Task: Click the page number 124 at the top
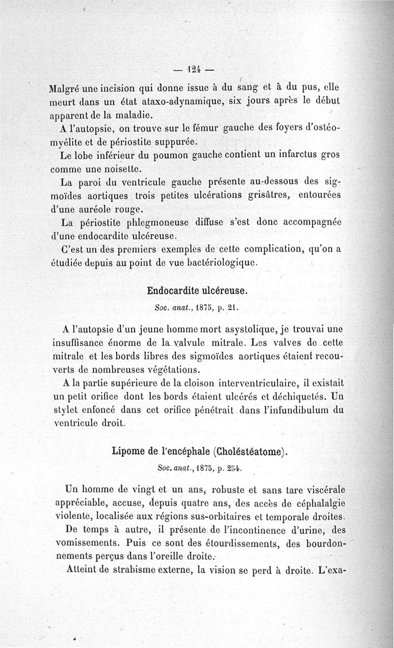pos(196,69)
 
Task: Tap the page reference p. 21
pos(230,309)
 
